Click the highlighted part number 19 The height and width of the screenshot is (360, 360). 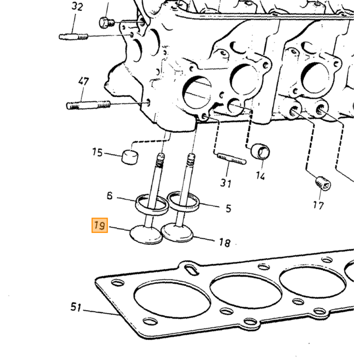100,225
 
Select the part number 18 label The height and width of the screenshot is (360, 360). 224,242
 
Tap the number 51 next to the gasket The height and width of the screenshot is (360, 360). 76,307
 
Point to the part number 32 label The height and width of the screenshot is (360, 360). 77,6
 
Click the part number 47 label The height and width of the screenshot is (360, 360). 83,81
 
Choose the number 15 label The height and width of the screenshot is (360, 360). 97,152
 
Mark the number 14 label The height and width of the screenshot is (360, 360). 260,176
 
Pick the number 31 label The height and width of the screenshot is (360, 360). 226,183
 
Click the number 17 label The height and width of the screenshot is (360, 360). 318,205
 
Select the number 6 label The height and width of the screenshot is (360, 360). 110,195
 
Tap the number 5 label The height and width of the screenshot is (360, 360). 228,208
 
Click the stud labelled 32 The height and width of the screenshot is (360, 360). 74,37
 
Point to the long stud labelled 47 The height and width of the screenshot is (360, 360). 88,105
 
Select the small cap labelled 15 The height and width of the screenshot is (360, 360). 130,157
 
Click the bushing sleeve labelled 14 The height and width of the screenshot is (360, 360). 260,151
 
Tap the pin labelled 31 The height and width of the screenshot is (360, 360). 231,159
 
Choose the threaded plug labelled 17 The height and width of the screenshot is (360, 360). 323,184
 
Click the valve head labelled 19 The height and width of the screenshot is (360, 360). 146,235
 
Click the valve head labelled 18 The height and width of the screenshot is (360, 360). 177,233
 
